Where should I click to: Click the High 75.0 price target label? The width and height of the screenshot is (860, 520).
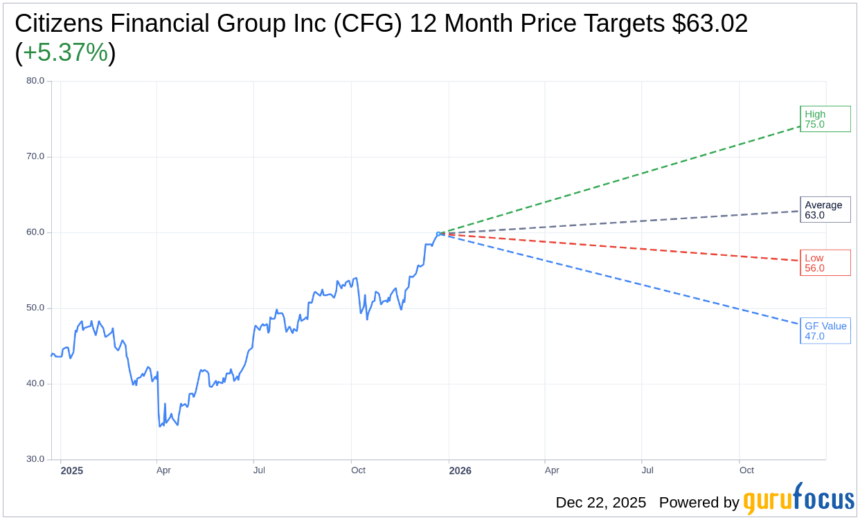pyautogui.click(x=825, y=119)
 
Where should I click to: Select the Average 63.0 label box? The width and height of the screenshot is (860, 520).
pyautogui.click(x=825, y=210)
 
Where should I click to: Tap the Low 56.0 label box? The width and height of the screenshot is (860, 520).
pyautogui.click(x=825, y=263)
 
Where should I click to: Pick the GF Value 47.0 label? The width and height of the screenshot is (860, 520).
pyautogui.click(x=825, y=331)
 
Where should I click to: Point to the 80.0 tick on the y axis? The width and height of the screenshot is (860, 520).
pyautogui.click(x=35, y=81)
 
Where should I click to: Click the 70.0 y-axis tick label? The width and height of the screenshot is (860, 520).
pyautogui.click(x=35, y=156)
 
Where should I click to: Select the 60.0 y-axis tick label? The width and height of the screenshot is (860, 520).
pyautogui.click(x=35, y=232)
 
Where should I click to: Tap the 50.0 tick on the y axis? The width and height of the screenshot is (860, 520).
pyautogui.click(x=35, y=308)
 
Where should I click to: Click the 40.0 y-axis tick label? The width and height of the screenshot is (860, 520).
pyautogui.click(x=35, y=384)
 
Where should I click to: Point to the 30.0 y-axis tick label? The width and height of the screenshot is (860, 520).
pyautogui.click(x=35, y=459)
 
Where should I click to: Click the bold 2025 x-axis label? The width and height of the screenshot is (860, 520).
pyautogui.click(x=72, y=471)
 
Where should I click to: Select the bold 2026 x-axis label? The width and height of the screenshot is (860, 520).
pyautogui.click(x=460, y=471)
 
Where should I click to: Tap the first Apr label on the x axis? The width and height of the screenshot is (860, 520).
pyautogui.click(x=163, y=471)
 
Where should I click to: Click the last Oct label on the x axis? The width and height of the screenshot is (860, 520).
pyautogui.click(x=746, y=471)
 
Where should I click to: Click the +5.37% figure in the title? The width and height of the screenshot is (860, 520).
pyautogui.click(x=65, y=53)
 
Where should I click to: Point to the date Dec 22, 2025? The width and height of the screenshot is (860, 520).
pyautogui.click(x=600, y=503)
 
